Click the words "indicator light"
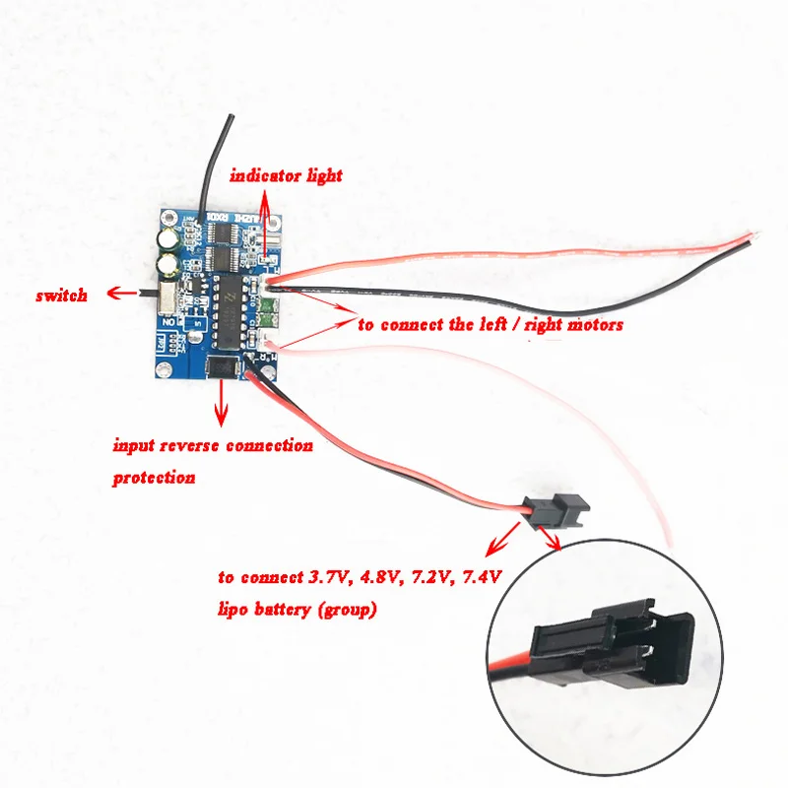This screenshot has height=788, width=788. (x=286, y=175)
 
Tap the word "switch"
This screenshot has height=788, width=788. (x=61, y=295)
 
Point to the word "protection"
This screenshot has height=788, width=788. (x=153, y=478)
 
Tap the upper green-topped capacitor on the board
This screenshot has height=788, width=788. (x=171, y=239)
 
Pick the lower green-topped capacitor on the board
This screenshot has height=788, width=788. (x=172, y=265)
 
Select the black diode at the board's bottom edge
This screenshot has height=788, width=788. (x=222, y=368)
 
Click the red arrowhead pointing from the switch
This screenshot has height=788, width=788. (x=112, y=294)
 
